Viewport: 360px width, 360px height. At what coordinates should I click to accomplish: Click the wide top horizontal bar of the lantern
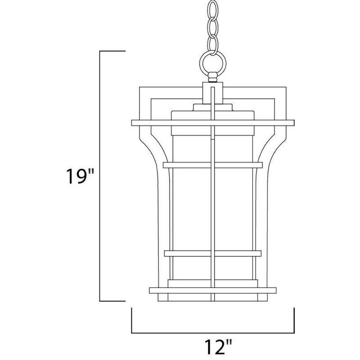212,122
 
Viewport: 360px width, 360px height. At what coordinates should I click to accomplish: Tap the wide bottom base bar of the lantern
212,289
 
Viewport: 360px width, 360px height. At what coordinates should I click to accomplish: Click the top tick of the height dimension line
112,52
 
